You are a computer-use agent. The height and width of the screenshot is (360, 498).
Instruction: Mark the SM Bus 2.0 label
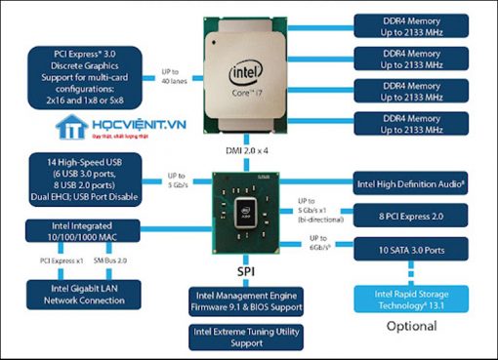111,261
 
